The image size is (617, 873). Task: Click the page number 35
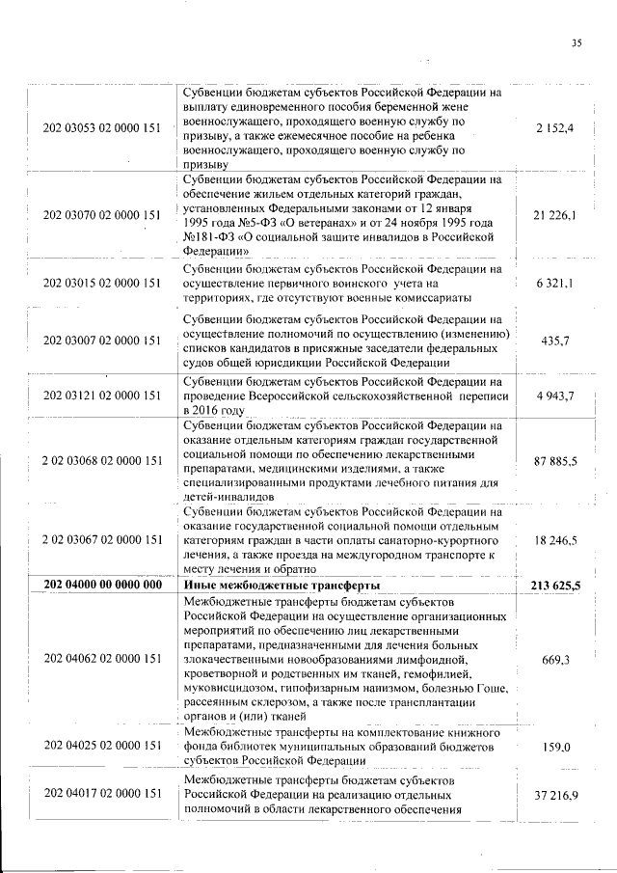click(577, 42)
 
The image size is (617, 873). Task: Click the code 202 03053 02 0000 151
click(101, 129)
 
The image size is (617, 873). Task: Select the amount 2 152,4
click(555, 129)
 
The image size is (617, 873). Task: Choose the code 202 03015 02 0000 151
click(101, 284)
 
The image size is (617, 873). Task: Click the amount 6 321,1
click(555, 284)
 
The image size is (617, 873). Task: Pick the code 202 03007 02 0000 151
click(101, 341)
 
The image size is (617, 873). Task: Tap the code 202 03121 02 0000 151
click(101, 396)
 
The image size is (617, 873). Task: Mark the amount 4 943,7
click(555, 396)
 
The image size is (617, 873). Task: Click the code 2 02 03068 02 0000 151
click(101, 463)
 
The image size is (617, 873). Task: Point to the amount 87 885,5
click(555, 463)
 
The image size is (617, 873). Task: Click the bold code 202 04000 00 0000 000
click(101, 586)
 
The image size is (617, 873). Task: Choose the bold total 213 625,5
click(554, 586)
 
